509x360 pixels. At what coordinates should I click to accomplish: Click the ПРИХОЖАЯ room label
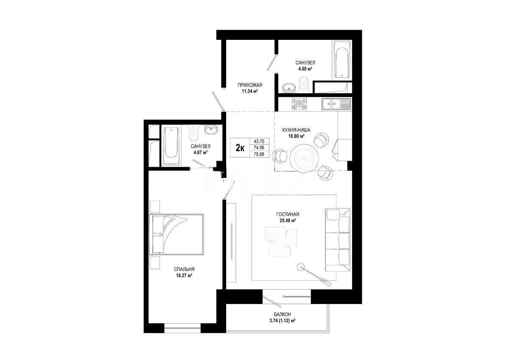pyautogui.click(x=250, y=85)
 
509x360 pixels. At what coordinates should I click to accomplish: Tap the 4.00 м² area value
pyautogui.click(x=305, y=68)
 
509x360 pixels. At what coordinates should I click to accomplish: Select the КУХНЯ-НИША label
pyautogui.click(x=296, y=130)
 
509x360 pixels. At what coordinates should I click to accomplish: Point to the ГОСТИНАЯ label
pyautogui.click(x=288, y=214)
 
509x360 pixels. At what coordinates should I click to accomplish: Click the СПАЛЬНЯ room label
pyautogui.click(x=184, y=269)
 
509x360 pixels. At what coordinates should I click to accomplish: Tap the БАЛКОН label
pyautogui.click(x=282, y=315)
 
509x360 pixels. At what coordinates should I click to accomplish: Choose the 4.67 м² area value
pyautogui.click(x=200, y=152)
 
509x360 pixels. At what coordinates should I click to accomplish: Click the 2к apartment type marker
pyautogui.click(x=240, y=148)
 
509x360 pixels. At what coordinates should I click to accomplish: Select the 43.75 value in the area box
pyautogui.click(x=259, y=141)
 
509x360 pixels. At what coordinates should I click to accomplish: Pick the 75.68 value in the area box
pyautogui.click(x=259, y=154)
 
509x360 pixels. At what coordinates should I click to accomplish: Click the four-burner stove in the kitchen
pyautogui.click(x=299, y=104)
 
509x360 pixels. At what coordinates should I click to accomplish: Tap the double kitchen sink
pyautogui.click(x=336, y=104)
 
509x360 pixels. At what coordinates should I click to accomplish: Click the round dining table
pyautogui.click(x=304, y=159)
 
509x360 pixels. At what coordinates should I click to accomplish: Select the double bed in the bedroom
pyautogui.click(x=176, y=234)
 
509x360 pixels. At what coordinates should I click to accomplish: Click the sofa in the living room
pyautogui.click(x=338, y=240)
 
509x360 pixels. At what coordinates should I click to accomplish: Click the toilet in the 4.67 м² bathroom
pyautogui.click(x=194, y=133)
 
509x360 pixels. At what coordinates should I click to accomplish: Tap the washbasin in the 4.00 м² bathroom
pyautogui.click(x=289, y=88)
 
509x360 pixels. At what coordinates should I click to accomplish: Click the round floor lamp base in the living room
pyautogui.click(x=301, y=266)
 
